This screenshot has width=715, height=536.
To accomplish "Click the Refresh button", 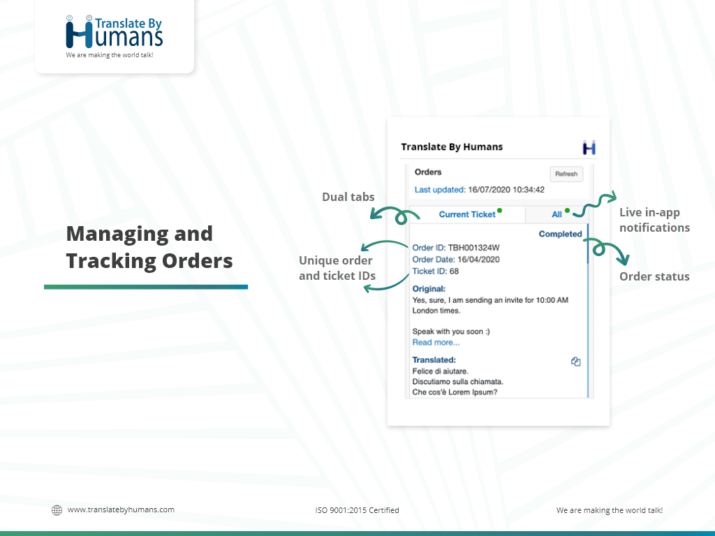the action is tap(566, 174).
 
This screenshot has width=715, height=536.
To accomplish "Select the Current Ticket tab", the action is tap(467, 214).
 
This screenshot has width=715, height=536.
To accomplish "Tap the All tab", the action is tap(556, 214).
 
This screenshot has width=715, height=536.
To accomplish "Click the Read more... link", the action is tap(436, 342).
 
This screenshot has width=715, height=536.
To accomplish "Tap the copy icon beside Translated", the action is tap(576, 362).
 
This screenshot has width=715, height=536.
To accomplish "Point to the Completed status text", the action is tap(561, 234).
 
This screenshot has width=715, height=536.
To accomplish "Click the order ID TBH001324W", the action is tap(474, 248).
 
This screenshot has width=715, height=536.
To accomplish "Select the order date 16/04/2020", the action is tap(478, 260).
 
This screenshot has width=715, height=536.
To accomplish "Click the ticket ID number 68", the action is tap(454, 271).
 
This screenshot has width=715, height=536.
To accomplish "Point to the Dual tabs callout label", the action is tap(348, 197).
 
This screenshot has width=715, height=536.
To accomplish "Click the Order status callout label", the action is tap(654, 276).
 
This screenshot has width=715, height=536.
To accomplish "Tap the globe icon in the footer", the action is tap(57, 510).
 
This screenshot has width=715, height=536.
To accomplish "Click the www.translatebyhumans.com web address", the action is tap(121, 509).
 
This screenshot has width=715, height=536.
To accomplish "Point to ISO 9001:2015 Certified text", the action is tap(357, 510).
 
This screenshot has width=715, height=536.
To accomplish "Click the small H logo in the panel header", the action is tap(589, 148).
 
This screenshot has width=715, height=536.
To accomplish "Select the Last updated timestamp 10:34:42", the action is tap(529, 190).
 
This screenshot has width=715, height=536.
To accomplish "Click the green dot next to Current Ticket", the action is tap(500, 211).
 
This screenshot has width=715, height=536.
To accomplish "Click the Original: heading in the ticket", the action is tap(429, 288).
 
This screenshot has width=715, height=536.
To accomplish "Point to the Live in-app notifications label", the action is tap(654, 220).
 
